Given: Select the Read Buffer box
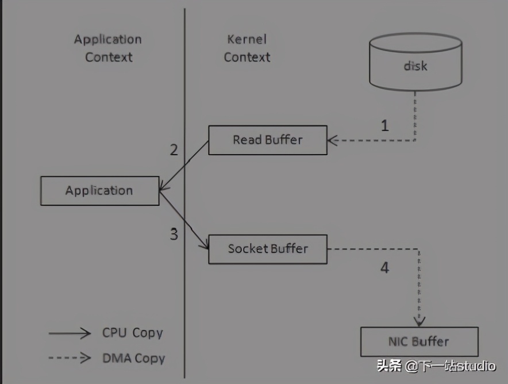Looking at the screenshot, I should tap(267, 140).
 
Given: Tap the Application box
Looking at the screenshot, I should tap(99, 191).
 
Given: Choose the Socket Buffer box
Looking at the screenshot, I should tap(267, 249).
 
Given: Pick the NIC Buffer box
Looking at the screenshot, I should tap(419, 341).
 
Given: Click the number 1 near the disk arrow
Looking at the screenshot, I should tap(385, 126).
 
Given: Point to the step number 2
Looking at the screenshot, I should tap(174, 151).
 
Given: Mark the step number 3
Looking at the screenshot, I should tap(174, 234).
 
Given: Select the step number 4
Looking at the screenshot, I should tap(384, 268).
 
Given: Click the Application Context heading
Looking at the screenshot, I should tap(108, 48).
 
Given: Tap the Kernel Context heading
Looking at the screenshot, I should tap(247, 48).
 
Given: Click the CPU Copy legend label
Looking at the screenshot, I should tap(133, 333).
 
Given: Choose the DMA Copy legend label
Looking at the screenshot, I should tap(133, 358).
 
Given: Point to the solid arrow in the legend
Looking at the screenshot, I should tap(70, 333).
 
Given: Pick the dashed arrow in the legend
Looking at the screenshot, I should tap(70, 358).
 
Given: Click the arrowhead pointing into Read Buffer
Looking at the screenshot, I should tap(333, 140).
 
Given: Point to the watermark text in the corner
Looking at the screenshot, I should tap(436, 366).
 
